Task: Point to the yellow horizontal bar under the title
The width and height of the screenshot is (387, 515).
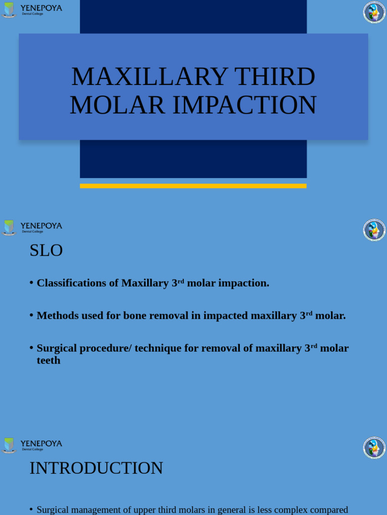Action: click(193, 186)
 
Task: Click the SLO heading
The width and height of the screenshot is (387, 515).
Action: click(46, 250)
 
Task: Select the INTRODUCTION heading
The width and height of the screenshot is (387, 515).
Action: click(96, 468)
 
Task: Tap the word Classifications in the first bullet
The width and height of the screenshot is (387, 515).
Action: click(71, 283)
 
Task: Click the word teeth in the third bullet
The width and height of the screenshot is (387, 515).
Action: click(48, 361)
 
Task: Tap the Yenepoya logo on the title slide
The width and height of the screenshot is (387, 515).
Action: click(32, 10)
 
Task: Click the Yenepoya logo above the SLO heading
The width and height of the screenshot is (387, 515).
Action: click(32, 227)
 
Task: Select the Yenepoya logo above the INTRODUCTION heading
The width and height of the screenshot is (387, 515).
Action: click(32, 445)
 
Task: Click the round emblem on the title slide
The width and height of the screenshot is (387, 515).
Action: click(374, 12)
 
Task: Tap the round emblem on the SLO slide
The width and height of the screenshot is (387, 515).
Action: click(374, 230)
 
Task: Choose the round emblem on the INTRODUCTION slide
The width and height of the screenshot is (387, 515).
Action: click(374, 448)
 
